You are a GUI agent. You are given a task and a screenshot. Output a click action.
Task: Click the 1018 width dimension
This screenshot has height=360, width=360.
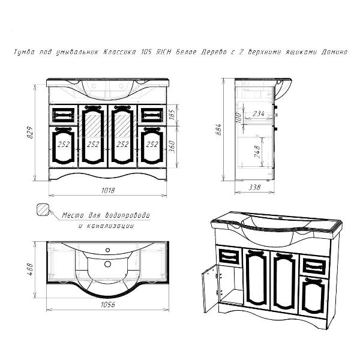pos(108,190)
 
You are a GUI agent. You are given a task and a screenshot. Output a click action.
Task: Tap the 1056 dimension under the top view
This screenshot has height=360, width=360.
pos(107,305)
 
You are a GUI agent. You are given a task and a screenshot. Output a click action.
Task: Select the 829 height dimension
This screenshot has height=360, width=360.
pos(31,133)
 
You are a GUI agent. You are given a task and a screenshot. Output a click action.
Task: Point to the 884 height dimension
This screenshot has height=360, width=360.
pos(219,130)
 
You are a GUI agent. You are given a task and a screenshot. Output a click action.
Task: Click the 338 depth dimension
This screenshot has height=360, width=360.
pos(254,187)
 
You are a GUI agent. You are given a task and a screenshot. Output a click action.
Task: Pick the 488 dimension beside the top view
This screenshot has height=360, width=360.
pos(31,269)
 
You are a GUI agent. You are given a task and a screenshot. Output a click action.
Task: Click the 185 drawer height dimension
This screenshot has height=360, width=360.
pos(172,115)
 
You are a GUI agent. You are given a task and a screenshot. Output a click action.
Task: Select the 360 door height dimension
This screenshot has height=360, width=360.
pos(172,146)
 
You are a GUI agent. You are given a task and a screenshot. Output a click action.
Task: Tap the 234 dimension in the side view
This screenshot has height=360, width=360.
pos(259,113)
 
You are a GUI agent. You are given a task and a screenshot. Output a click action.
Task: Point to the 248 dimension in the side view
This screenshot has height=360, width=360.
pos(257,152)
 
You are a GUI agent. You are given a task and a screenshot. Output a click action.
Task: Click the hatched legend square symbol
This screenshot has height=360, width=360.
pos(43,209)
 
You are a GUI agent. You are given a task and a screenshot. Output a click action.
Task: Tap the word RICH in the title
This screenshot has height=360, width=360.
pos(164,52)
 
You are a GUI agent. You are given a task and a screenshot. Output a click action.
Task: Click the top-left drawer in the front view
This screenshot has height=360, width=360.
pos(64,115)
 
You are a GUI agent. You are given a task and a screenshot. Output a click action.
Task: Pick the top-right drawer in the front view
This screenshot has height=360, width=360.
pos(152,115)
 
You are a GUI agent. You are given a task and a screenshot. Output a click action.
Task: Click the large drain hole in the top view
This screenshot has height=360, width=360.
pos(107,264)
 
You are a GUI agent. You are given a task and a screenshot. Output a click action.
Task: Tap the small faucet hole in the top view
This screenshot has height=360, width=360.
pos(107,250)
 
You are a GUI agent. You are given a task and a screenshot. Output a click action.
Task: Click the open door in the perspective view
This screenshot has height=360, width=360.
pos(209,288)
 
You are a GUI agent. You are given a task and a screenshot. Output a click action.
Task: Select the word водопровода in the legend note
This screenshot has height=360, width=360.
pos(127,215)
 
